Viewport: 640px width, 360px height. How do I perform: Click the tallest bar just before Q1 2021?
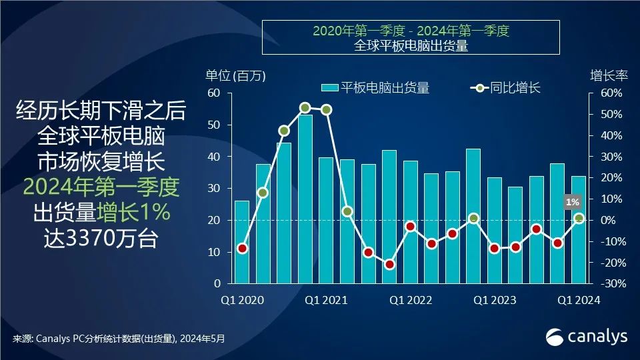305,200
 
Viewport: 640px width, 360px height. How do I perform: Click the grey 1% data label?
572,201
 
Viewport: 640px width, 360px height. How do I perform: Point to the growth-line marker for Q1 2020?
242,249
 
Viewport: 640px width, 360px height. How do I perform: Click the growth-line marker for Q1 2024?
579,218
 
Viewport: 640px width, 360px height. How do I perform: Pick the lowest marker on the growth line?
389,265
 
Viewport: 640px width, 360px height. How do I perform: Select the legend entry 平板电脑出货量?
376,88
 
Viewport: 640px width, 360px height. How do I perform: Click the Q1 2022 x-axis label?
411,301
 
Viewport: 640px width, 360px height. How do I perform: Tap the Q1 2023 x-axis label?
495,301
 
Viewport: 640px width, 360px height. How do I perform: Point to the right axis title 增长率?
609,75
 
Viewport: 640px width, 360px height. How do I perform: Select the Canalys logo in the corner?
587,337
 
